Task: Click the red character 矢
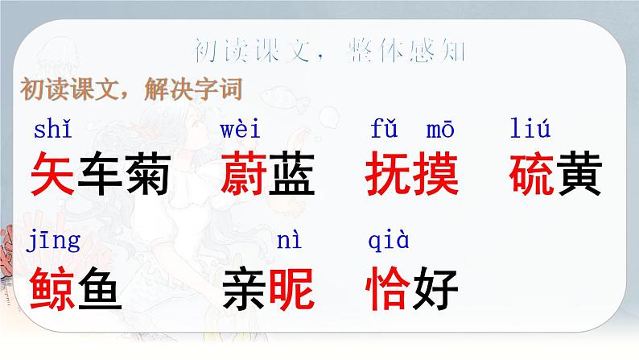point(53,174)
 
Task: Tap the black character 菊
point(147,174)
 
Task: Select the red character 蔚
point(243,174)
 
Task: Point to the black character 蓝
point(290,174)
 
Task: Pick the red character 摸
point(435,174)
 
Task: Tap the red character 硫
point(533,174)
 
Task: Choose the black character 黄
point(579,174)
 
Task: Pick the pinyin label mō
point(439,128)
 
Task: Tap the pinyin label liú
point(530,128)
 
